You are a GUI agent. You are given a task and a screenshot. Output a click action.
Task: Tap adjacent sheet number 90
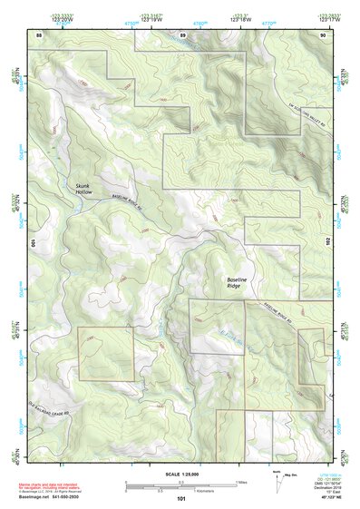323,34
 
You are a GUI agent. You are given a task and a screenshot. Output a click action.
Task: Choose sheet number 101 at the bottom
181,498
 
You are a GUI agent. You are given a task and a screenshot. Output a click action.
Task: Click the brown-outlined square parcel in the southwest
105,353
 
